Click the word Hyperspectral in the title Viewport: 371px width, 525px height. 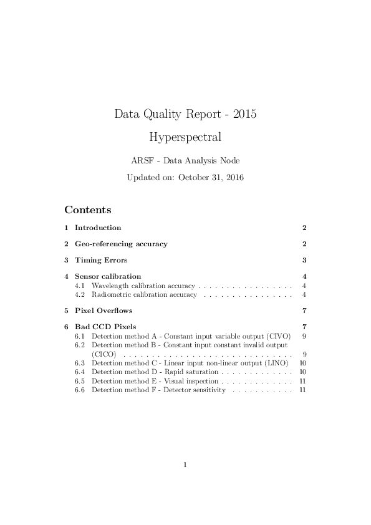tap(185, 136)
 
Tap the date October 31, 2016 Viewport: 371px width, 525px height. tap(211, 177)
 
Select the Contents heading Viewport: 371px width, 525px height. tap(88, 210)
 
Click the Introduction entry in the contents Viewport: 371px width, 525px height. tap(98, 228)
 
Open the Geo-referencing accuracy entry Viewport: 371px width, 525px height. tap(121, 244)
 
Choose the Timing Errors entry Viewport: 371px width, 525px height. tap(101, 260)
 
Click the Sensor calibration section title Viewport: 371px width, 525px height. tap(108, 276)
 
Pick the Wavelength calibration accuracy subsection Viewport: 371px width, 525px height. tap(143, 286)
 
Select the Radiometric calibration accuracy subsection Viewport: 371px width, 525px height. tap(144, 294)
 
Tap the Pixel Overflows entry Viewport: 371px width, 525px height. tap(104, 311)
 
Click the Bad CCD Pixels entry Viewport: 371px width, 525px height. tap(105, 327)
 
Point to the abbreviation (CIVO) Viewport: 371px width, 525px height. tap(279, 336)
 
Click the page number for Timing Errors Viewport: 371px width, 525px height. tap(304, 260)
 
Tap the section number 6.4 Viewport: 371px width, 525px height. tap(80, 372)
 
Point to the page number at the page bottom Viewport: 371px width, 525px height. tap(185, 464)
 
